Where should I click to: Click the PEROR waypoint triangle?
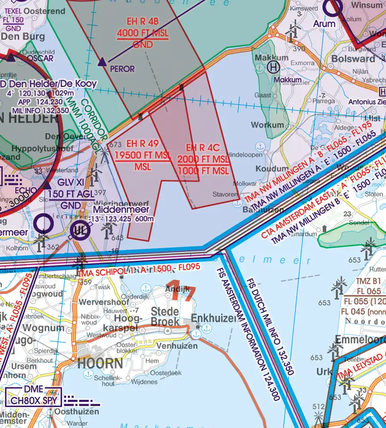click(x=102, y=62)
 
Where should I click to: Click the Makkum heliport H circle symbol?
click(x=273, y=67)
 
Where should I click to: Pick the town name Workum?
click(x=268, y=125)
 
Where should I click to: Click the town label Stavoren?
click(x=225, y=194)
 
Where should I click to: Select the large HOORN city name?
click(x=100, y=364)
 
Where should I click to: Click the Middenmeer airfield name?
click(x=121, y=210)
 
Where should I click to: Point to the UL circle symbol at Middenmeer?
click(x=80, y=230)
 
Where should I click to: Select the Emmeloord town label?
click(x=361, y=339)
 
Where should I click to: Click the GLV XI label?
click(x=71, y=182)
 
